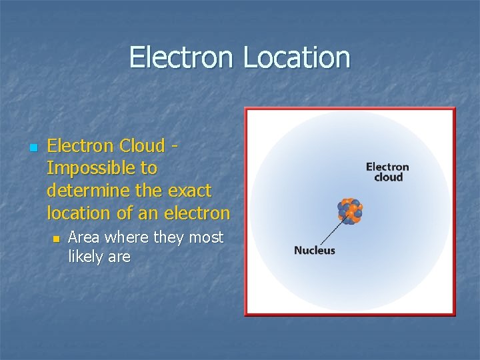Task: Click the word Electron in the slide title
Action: (182, 57)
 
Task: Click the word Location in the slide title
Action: (296, 57)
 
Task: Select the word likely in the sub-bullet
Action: (84, 257)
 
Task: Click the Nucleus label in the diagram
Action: (314, 251)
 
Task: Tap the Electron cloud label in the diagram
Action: (387, 172)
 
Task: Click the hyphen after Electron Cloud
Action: (174, 146)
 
